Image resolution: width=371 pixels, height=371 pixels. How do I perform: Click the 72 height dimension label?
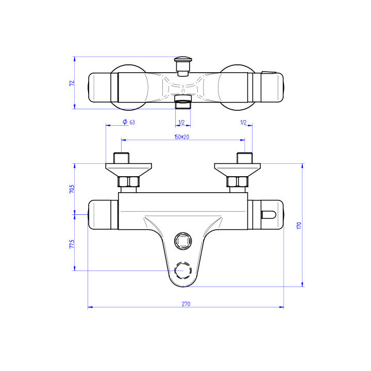tap(72, 83)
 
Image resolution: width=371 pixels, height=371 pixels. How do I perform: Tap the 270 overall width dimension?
tap(185, 304)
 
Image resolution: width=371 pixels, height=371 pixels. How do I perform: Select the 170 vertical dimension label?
tap(299, 225)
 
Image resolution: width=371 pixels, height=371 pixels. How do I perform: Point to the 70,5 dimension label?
tap(72, 189)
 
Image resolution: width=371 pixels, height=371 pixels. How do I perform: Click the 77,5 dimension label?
tap(72, 244)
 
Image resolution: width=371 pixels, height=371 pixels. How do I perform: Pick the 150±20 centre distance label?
tap(182, 137)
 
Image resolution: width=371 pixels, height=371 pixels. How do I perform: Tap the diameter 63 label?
tap(129, 122)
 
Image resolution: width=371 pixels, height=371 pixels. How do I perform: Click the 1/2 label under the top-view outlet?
tap(181, 122)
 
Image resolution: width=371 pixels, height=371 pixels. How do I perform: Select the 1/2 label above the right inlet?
tap(243, 122)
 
